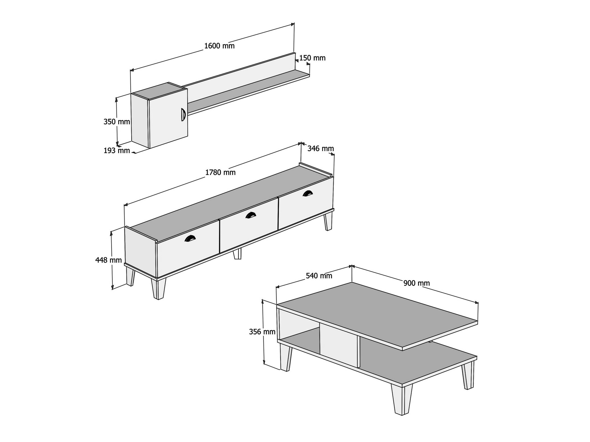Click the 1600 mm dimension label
(219, 46)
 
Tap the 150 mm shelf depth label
(312, 58)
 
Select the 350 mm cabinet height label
(117, 122)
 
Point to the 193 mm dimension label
(117, 151)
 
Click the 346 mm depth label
(321, 149)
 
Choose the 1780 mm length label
(220, 172)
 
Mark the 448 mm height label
(109, 260)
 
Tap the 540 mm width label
(319, 276)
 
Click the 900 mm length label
(417, 283)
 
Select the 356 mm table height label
(262, 332)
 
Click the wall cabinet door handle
(183, 114)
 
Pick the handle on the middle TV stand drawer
(251, 215)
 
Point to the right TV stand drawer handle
(308, 193)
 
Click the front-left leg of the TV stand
(158, 288)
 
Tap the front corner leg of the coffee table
(402, 400)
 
